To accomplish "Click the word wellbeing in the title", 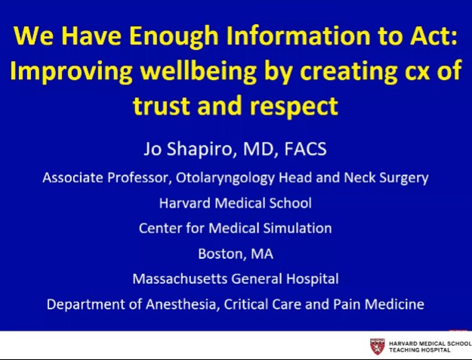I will (x=195, y=71).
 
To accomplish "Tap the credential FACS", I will (x=304, y=149).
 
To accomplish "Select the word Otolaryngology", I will (x=254, y=179).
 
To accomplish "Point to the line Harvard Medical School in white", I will (x=236, y=202).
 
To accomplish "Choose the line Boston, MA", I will (x=236, y=253).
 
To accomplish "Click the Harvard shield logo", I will (x=377, y=346).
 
